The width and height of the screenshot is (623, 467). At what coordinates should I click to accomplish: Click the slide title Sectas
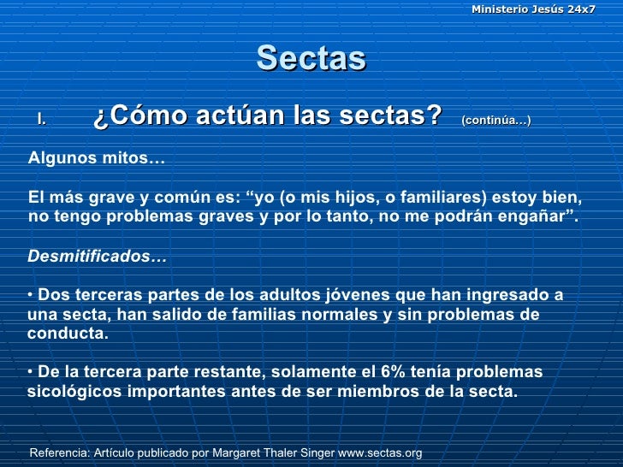[311, 58]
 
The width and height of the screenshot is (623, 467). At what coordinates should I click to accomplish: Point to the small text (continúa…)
[495, 121]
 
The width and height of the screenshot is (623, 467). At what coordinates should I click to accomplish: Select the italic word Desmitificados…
[98, 256]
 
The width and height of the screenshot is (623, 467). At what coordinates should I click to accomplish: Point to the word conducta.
[67, 334]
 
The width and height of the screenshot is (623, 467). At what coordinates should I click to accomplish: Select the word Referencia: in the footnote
[61, 452]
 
